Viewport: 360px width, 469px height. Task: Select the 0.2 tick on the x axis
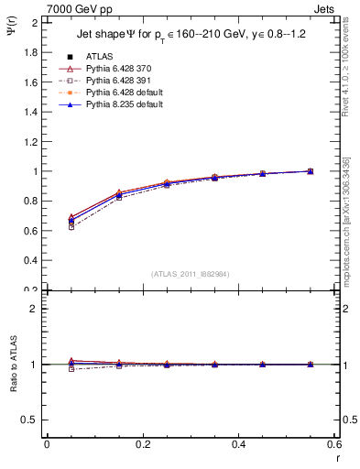[x=142, y=446]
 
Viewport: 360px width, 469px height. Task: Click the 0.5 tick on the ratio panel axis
[x=31, y=420]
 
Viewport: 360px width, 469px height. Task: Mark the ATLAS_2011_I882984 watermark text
[x=190, y=274]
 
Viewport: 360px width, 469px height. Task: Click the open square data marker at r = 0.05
[x=71, y=226]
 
